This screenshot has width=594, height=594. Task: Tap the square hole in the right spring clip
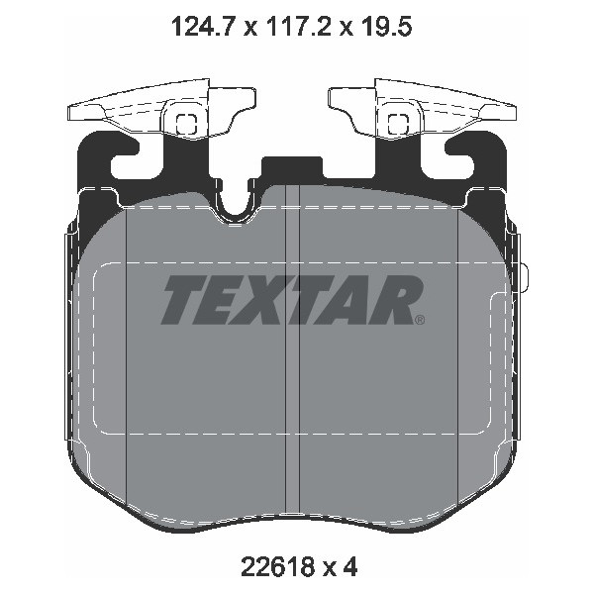click(399, 125)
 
